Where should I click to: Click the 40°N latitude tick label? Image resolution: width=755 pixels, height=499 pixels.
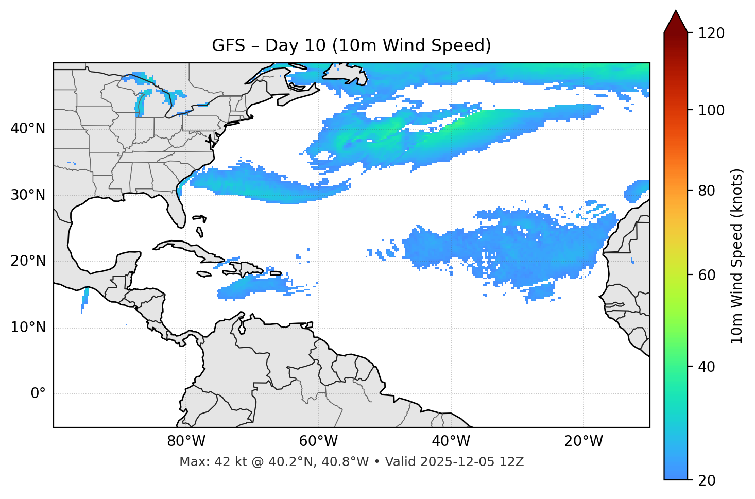(x=28, y=129)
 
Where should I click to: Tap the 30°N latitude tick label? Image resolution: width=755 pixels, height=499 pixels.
(x=28, y=195)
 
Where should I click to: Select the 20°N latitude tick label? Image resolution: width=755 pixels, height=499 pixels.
(x=28, y=261)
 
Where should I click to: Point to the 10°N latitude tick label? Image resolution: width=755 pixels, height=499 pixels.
(x=28, y=328)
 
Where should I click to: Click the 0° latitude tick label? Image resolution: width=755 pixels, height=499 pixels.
(x=38, y=394)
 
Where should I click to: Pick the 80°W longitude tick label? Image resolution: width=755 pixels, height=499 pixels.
(x=186, y=441)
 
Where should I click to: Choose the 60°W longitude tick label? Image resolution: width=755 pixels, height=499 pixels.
(x=318, y=441)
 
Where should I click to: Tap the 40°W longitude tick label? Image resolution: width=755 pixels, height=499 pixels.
(x=451, y=441)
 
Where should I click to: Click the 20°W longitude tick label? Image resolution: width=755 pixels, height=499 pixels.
(x=583, y=441)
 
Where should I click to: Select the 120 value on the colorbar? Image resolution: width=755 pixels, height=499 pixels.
(x=711, y=33)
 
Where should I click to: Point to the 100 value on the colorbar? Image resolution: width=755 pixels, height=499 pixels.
(x=711, y=110)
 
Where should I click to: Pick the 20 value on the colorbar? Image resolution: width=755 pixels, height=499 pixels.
(x=707, y=480)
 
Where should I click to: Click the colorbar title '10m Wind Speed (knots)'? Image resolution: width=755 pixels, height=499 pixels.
(x=737, y=256)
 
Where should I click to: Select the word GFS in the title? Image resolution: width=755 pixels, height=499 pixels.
(x=228, y=46)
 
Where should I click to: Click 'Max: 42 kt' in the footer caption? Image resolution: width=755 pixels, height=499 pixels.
(x=205, y=462)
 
